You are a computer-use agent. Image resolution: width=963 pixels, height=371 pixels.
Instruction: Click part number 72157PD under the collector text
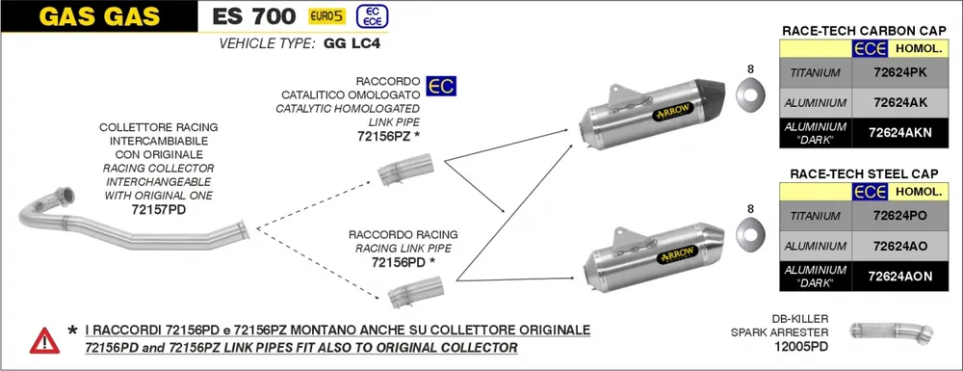coord(158,208)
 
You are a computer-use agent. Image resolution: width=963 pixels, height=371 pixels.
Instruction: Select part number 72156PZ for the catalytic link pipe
coord(388,138)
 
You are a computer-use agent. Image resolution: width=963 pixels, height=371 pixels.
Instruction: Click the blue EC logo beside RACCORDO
coord(441,87)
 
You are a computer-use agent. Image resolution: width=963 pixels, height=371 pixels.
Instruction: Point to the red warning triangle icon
coord(43,339)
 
